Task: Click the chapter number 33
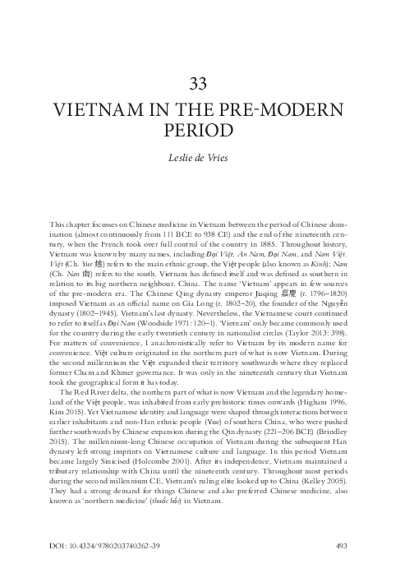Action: click(x=202, y=85)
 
